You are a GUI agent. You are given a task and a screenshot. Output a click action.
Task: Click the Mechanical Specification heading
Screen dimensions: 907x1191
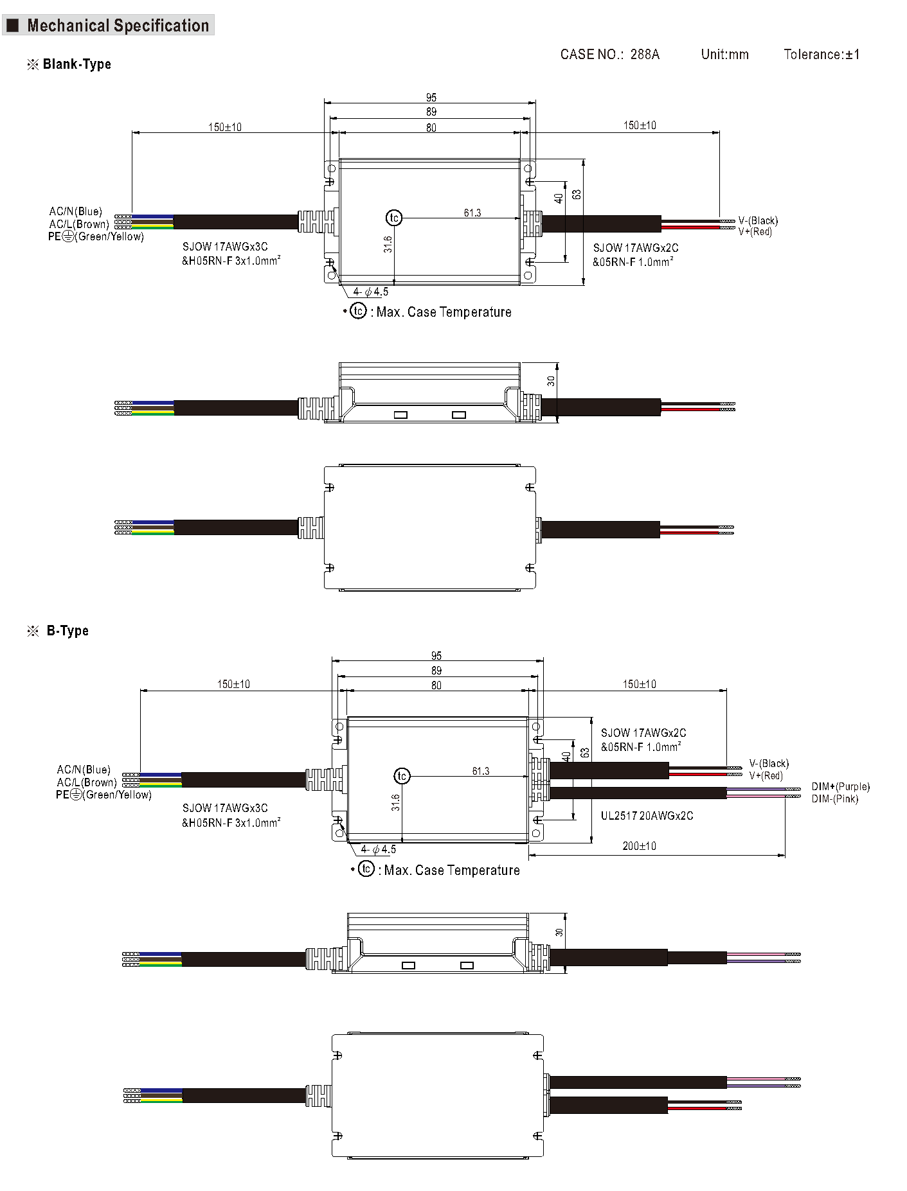pos(118,26)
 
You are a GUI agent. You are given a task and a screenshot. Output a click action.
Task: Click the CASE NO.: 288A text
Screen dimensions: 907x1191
pos(609,55)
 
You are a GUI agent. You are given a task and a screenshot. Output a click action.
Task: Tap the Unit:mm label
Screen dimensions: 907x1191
pos(724,55)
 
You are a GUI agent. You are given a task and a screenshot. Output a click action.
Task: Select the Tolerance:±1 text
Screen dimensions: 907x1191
pos(822,55)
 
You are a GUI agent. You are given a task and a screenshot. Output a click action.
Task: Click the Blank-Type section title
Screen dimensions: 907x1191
pos(76,64)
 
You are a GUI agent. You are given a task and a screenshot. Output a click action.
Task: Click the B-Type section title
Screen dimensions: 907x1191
pos(67,631)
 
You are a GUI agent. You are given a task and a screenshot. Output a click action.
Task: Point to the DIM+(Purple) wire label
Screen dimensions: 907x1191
pos(840,786)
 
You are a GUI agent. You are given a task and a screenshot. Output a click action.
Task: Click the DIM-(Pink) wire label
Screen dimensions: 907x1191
pos(834,798)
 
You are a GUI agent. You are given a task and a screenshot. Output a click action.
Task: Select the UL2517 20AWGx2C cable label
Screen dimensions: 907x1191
pos(647,816)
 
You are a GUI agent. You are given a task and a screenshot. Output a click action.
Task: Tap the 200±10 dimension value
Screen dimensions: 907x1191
pos(639,846)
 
